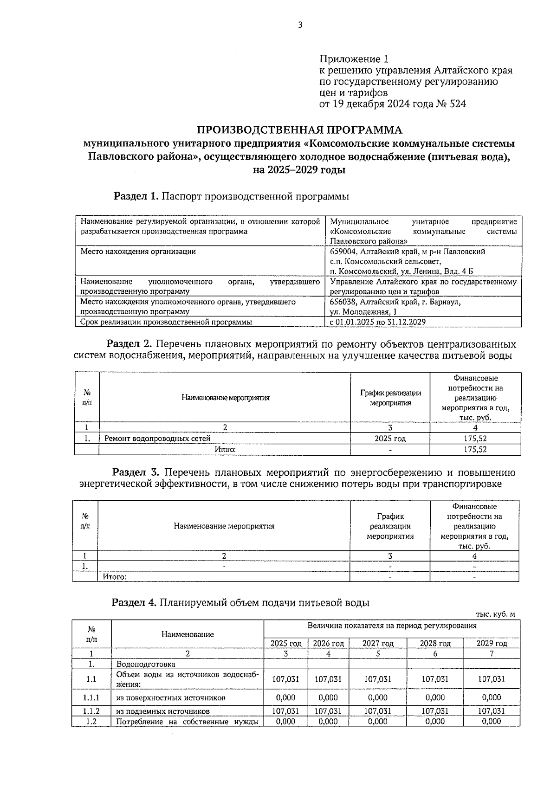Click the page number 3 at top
(300, 25)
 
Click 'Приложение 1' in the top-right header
(353, 59)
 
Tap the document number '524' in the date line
(457, 104)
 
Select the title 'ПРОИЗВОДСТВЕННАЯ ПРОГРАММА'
(299, 130)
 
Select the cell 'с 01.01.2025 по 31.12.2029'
(378, 322)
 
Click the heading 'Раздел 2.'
(130, 344)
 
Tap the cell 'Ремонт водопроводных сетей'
(157, 439)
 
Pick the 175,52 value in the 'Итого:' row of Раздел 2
(475, 449)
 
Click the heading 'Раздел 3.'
(136, 473)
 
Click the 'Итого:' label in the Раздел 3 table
(114, 577)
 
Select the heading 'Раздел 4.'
(134, 603)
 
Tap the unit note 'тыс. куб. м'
(495, 614)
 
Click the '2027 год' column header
(378, 643)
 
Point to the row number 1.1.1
(91, 697)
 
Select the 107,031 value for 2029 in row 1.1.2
(491, 711)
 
